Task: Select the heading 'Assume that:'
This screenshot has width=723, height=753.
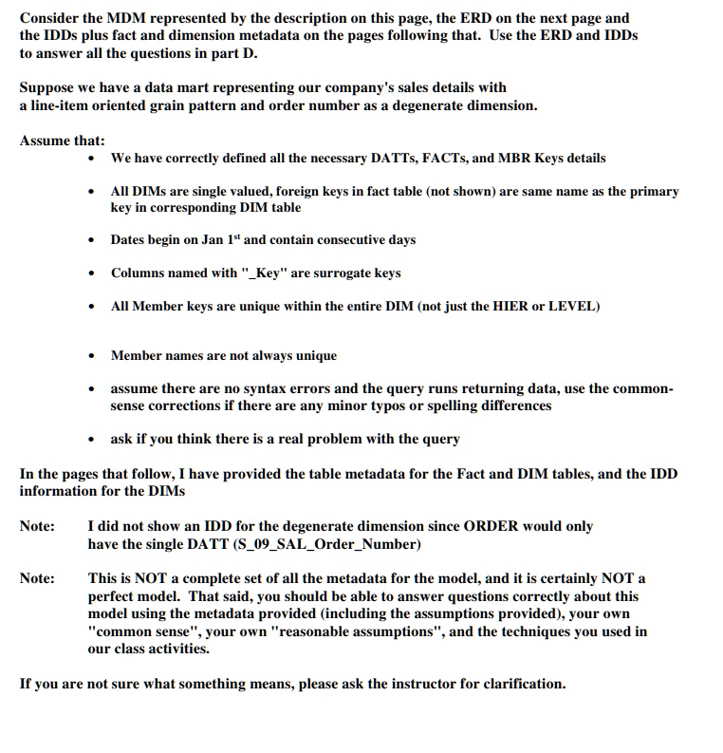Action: coord(62,141)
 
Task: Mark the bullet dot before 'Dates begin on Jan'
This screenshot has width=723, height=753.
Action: coord(90,240)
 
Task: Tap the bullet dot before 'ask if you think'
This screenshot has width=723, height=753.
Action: coord(90,440)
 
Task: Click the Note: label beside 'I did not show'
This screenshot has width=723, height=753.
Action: coord(37,526)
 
